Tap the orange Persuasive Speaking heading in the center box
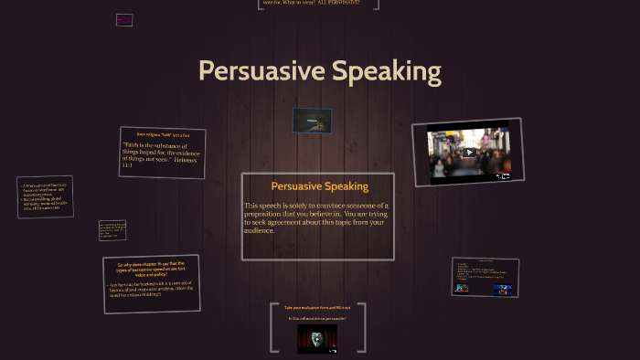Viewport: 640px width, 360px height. pyautogui.click(x=319, y=186)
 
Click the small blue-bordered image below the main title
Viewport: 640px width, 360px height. pyautogui.click(x=312, y=121)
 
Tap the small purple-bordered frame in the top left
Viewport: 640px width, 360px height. pyautogui.click(x=124, y=19)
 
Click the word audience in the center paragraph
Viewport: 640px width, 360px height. pyautogui.click(x=261, y=230)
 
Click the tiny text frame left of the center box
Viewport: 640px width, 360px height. pyautogui.click(x=112, y=230)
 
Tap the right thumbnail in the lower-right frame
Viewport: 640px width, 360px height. pyautogui.click(x=503, y=290)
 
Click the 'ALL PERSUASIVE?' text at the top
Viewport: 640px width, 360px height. pyautogui.click(x=341, y=4)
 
